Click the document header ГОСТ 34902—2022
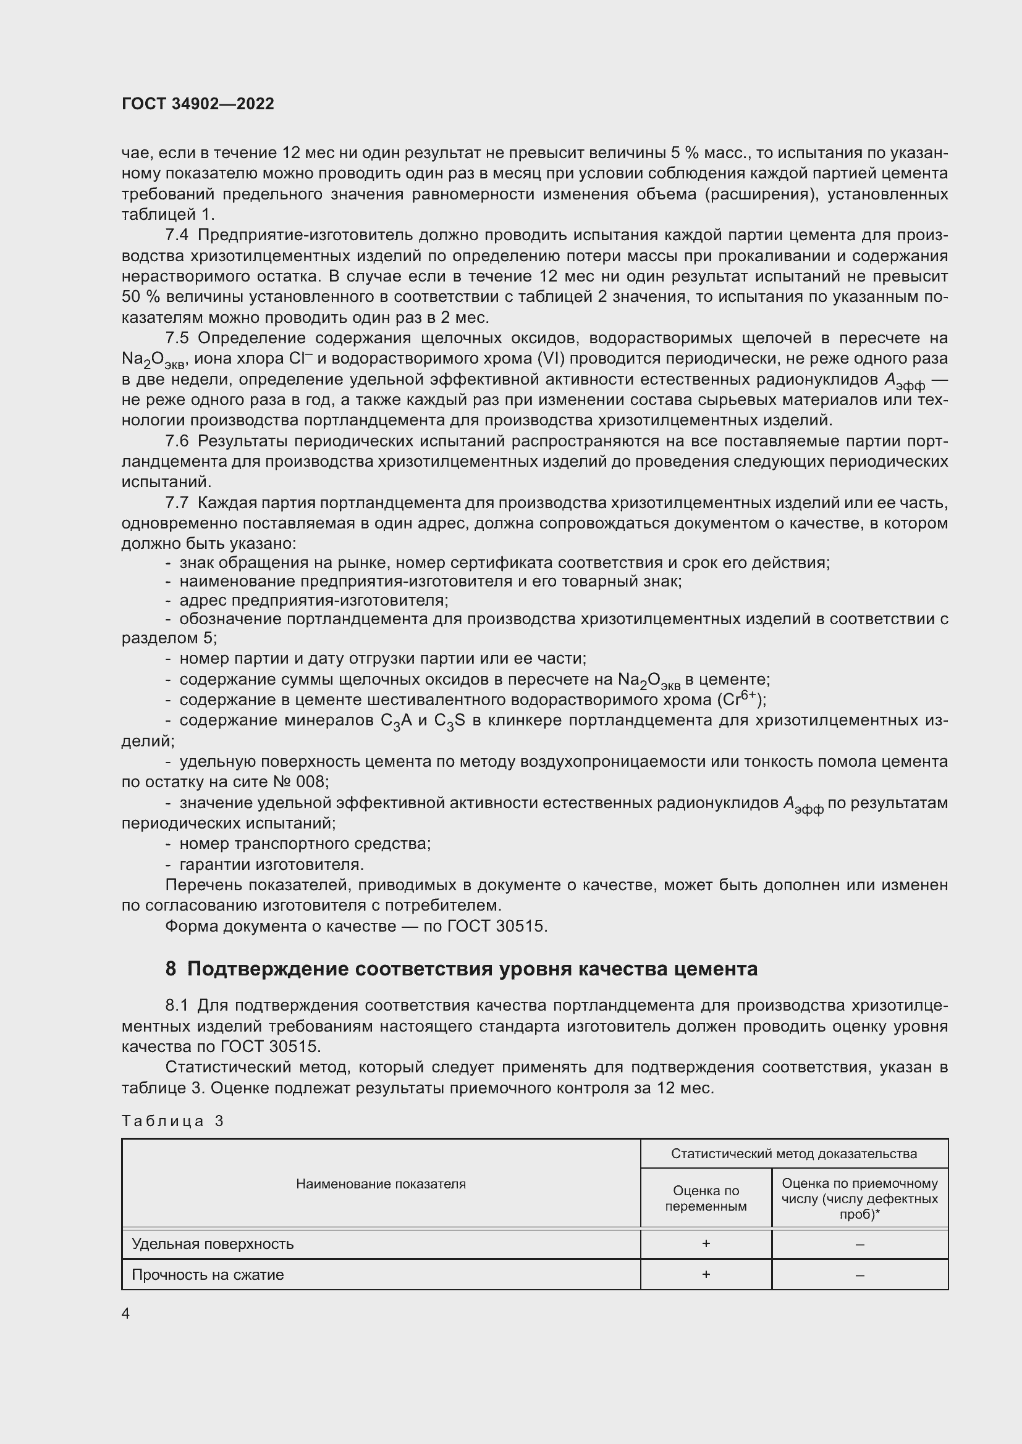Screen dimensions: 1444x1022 pos(198,104)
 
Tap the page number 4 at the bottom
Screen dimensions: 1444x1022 pos(126,1314)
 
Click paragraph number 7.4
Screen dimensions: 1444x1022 pos(177,235)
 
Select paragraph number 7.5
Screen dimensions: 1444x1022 pos(177,338)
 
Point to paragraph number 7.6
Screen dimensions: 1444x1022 pos(177,441)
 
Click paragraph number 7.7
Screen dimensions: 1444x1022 pos(177,503)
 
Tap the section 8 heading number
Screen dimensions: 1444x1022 pos(171,969)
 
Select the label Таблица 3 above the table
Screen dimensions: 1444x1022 pos(172,1121)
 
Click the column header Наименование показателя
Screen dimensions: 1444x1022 pos(381,1183)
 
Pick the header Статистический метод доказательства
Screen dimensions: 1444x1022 pos(793,1153)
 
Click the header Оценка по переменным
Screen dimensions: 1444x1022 pos(706,1198)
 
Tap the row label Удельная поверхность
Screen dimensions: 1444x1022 pos(213,1244)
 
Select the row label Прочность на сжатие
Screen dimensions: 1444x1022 pos(208,1275)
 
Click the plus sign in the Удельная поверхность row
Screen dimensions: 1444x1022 pos(706,1243)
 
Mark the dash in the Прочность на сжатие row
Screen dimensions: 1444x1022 pos(859,1275)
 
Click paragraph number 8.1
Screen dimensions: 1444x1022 pos(177,1006)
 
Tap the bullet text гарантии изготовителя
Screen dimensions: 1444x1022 pos(271,865)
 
